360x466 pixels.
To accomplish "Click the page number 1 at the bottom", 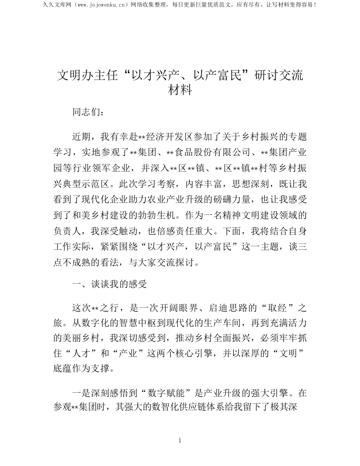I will coord(180,440).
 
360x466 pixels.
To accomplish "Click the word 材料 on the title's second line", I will coord(180,90).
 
